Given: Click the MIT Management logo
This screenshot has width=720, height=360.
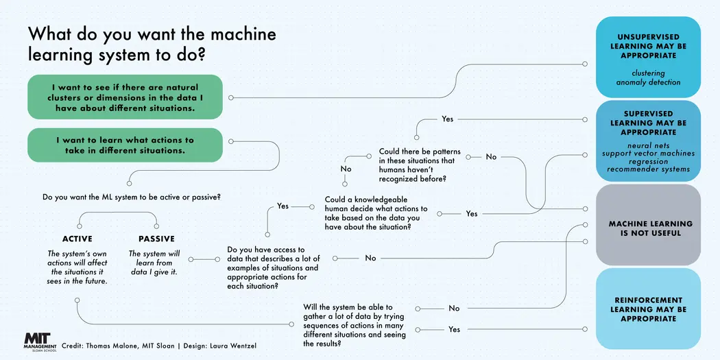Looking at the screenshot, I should (x=40, y=341).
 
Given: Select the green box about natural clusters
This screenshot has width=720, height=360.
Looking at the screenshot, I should (x=125, y=98).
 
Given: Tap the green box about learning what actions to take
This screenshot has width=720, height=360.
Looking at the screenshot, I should (x=125, y=145).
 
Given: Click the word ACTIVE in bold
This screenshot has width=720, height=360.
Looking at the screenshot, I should (x=77, y=239).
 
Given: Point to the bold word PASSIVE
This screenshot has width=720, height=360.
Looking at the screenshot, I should (x=156, y=239).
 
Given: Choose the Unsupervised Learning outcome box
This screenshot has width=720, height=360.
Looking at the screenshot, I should (x=648, y=56).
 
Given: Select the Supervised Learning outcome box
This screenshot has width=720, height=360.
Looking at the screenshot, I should (x=648, y=140).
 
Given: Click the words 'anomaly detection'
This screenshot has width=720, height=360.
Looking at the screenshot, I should (x=648, y=82).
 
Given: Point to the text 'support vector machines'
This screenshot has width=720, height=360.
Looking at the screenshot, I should (x=648, y=154).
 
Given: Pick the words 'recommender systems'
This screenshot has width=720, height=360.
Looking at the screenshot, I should (x=648, y=169).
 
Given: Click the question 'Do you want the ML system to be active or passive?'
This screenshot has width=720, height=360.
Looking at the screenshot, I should (x=136, y=197).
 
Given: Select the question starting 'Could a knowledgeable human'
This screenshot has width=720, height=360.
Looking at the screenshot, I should (x=376, y=213).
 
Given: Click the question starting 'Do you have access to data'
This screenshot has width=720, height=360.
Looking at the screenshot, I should (x=273, y=268).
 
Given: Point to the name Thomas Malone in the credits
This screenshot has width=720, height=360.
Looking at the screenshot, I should (x=113, y=345).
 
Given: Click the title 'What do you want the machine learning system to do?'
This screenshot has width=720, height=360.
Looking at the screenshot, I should (x=152, y=44).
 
